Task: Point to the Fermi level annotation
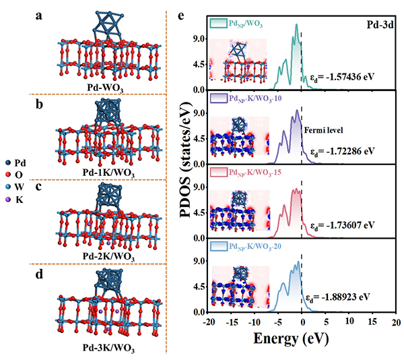pos(323,131)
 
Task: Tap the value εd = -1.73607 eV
pos(347,225)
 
